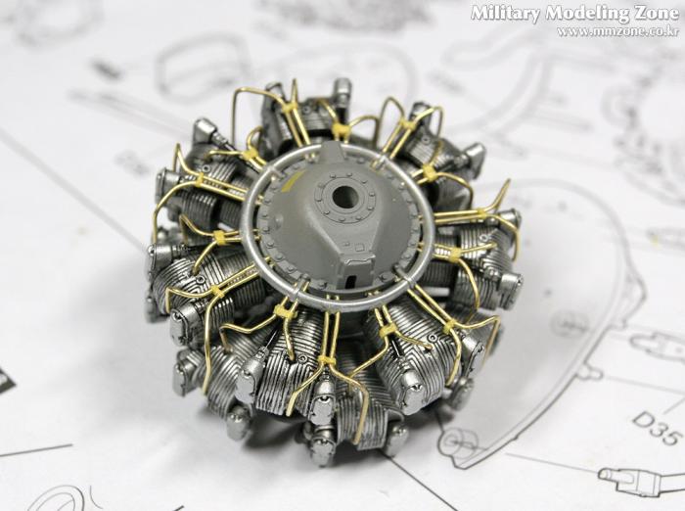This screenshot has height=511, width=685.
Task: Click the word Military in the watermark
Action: [x=506, y=15]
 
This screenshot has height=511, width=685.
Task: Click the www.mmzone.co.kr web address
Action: [x=617, y=32]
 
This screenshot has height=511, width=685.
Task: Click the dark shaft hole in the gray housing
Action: [x=342, y=196]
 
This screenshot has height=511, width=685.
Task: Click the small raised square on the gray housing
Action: [x=359, y=249]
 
